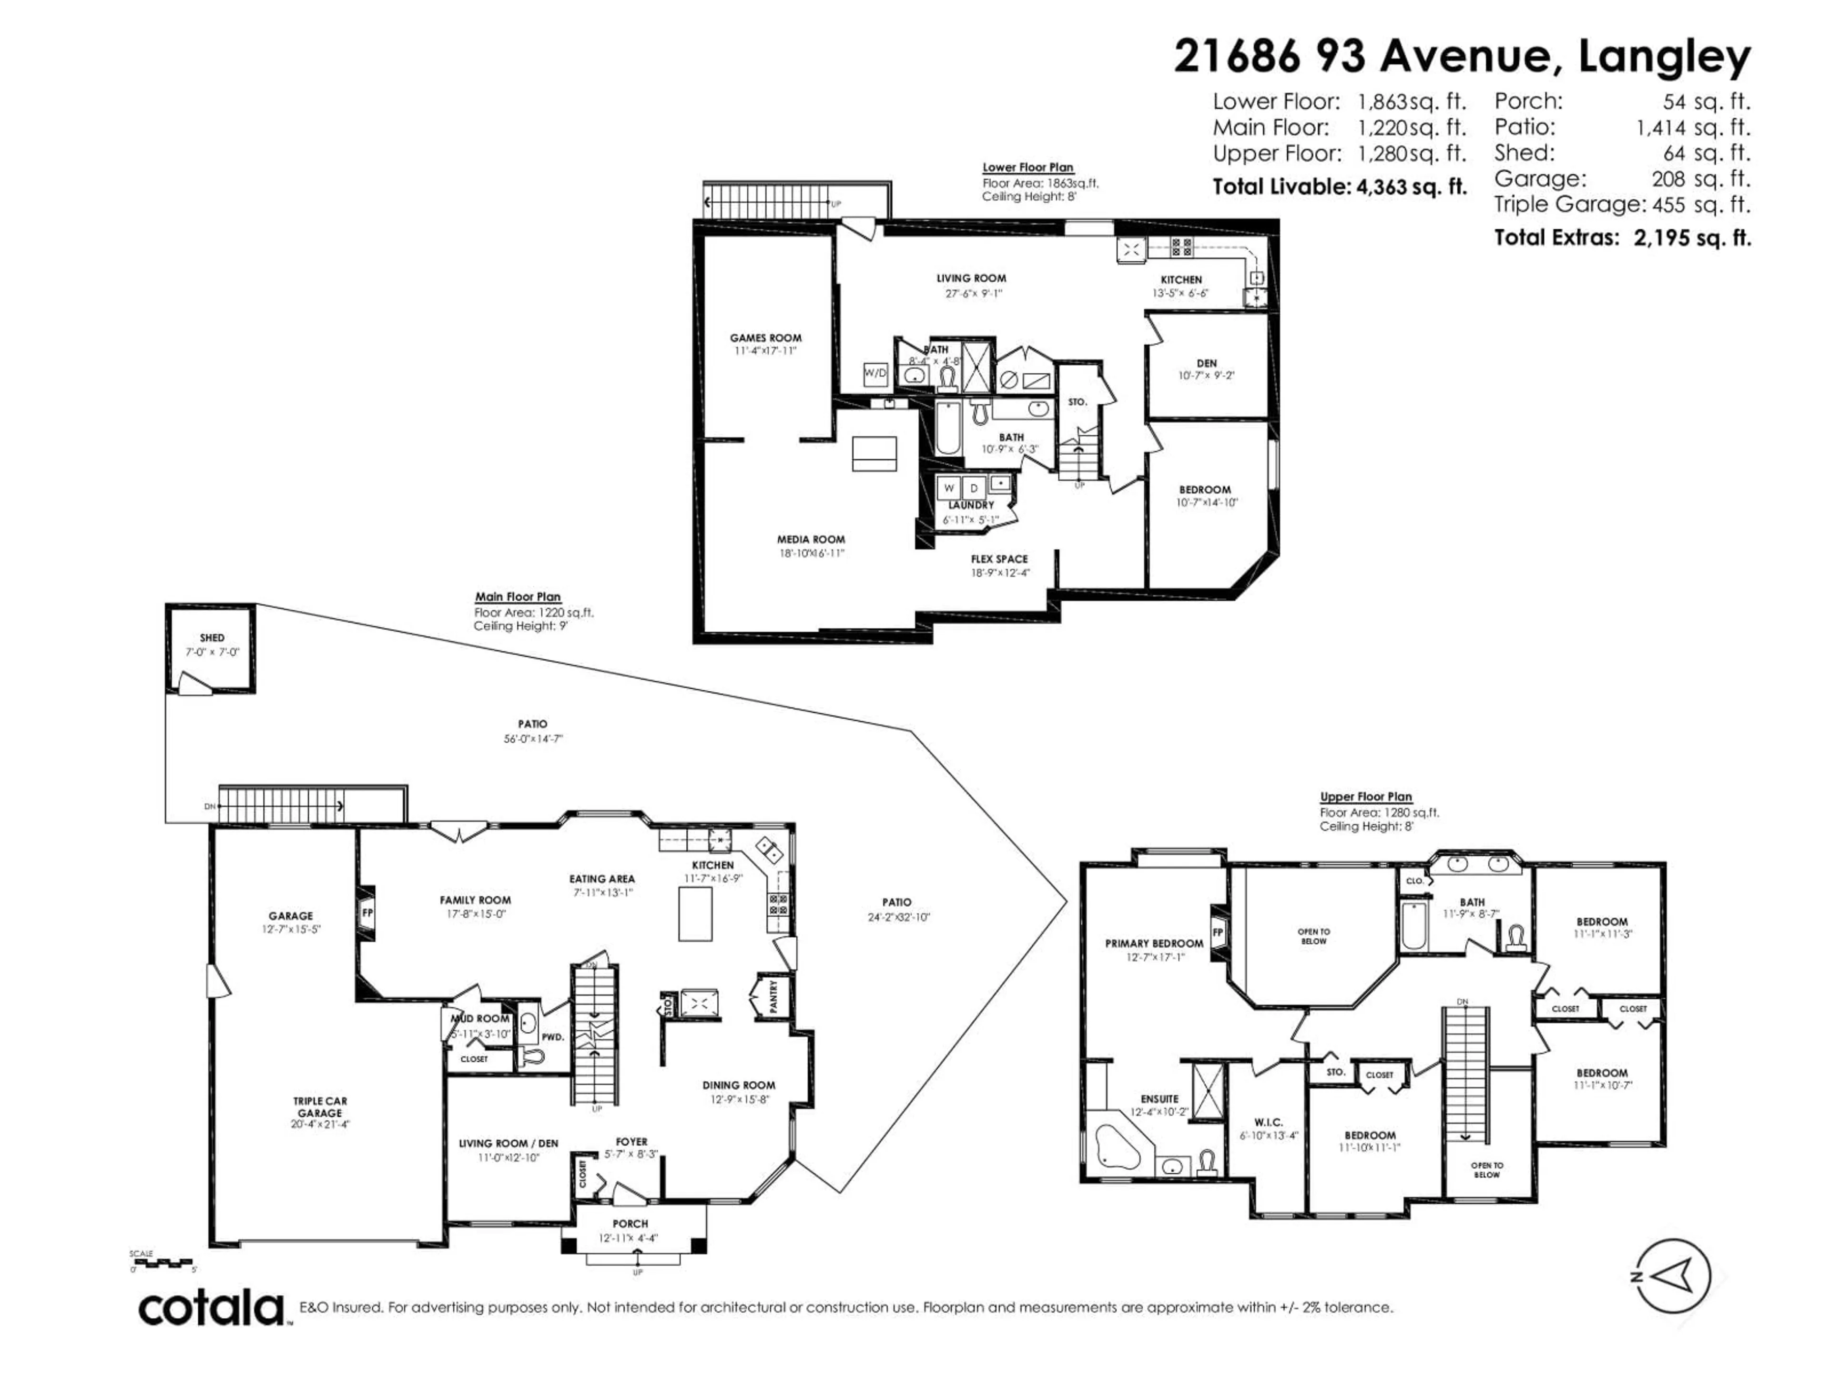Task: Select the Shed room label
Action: click(212, 638)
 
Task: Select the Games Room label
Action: click(765, 338)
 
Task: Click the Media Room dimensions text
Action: click(811, 553)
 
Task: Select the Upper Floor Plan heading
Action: click(1366, 797)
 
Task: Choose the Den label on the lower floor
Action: click(1206, 363)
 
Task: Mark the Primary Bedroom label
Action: click(1154, 943)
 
